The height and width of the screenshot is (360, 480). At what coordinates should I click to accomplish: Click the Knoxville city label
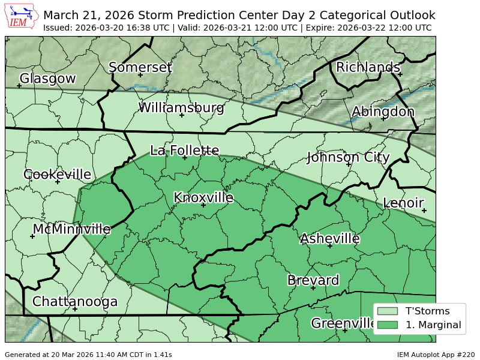(203, 197)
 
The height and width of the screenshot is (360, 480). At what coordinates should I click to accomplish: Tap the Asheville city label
(329, 239)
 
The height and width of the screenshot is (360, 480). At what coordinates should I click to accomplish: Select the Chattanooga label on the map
(75, 301)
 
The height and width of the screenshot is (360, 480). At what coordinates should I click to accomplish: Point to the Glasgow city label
(48, 79)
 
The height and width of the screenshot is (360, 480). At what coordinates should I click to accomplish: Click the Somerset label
(140, 67)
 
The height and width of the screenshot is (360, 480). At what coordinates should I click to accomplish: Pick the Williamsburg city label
(181, 108)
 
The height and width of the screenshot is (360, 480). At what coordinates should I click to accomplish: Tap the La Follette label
(184, 150)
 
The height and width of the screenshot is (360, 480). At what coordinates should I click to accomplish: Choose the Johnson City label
(348, 157)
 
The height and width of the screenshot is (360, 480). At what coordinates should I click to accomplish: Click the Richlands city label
(368, 67)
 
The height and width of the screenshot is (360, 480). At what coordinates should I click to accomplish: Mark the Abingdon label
(383, 112)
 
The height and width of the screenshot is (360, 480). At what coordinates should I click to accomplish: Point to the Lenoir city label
(403, 203)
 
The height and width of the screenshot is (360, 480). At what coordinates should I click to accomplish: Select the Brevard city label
(313, 280)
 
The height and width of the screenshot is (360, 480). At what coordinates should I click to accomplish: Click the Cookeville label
(57, 175)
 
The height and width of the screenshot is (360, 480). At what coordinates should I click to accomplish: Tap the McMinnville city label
(71, 229)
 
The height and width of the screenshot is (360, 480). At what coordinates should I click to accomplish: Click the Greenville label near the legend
(343, 323)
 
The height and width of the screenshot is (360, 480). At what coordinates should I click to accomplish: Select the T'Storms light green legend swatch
(388, 311)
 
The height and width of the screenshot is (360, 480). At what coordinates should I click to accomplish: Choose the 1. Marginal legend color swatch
(388, 325)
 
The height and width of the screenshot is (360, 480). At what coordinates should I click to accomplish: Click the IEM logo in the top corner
(23, 16)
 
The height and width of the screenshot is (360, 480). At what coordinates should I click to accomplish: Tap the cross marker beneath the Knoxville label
(203, 205)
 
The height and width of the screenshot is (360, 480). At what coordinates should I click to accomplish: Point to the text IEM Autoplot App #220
(436, 355)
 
